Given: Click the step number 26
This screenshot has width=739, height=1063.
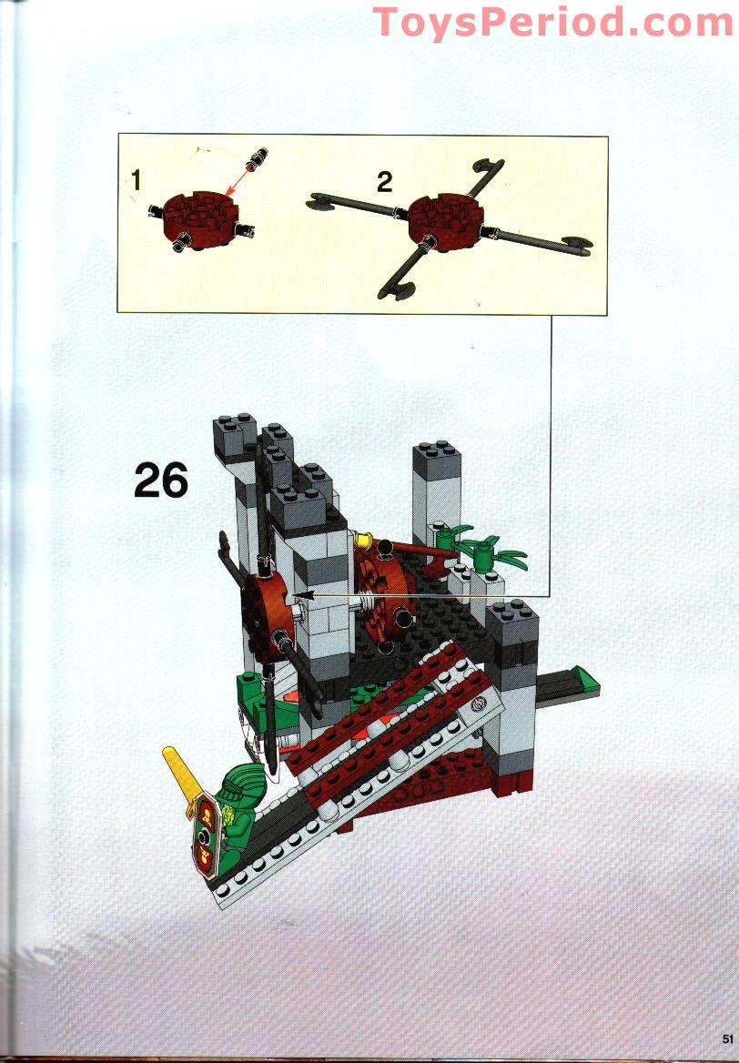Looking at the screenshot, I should tap(161, 480).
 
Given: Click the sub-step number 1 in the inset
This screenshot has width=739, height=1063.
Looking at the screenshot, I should tap(136, 181).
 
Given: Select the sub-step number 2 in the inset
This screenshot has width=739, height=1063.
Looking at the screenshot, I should tap(384, 182).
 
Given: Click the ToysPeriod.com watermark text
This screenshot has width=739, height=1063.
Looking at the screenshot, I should tap(552, 21).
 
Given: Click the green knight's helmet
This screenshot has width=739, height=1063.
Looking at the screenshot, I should tap(238, 781).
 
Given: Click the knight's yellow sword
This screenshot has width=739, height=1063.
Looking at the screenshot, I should tap(177, 772).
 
